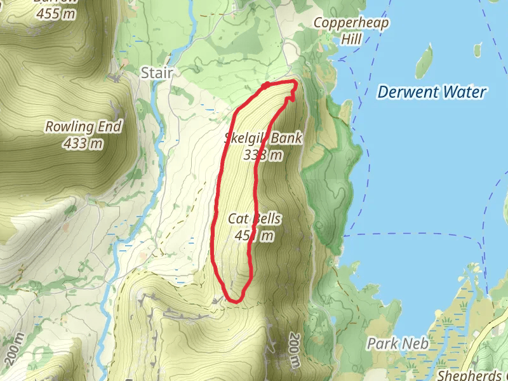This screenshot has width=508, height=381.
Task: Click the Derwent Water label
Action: (x=432, y=92)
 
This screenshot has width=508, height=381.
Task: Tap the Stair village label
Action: (x=156, y=73)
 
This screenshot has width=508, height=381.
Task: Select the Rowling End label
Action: (x=83, y=127)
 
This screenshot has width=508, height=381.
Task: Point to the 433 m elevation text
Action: (x=83, y=144)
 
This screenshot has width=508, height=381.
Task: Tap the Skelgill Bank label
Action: (x=263, y=138)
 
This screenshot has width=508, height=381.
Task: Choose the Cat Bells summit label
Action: (x=254, y=220)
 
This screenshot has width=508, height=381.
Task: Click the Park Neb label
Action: (x=398, y=344)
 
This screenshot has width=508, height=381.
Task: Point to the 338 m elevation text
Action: (x=263, y=154)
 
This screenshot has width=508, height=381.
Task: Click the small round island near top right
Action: (x=478, y=50)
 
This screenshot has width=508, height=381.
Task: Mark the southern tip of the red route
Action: (x=234, y=300)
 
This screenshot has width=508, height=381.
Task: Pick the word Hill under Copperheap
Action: (x=351, y=39)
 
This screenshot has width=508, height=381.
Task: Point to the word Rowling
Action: (x=69, y=127)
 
